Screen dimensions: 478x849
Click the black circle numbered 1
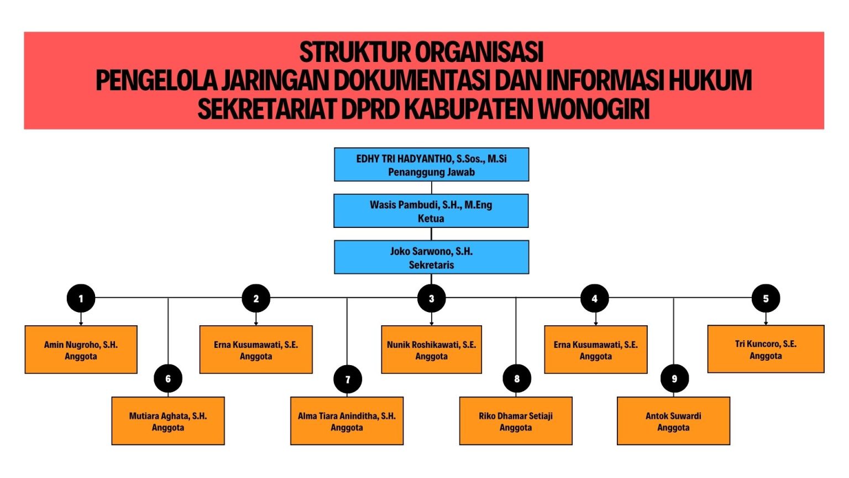[x=81, y=299]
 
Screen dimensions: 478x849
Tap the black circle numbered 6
[x=168, y=379]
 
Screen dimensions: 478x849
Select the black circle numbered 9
[x=674, y=379]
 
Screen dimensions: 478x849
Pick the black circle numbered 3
[x=432, y=299]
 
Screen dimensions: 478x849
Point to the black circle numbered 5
[x=766, y=299]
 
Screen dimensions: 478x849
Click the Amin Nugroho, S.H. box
[x=81, y=350]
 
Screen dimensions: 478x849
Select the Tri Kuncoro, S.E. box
[x=766, y=349]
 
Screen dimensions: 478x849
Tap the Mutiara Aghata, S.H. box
[x=168, y=421]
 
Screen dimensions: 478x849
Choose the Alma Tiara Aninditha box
[x=347, y=421]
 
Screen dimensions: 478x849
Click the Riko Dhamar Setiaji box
[x=516, y=421]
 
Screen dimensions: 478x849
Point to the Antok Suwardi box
[x=673, y=421]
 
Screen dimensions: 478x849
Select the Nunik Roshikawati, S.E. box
[x=431, y=350]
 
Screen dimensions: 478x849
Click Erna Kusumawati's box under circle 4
[x=595, y=350]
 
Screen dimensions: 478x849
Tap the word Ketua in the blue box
[x=431, y=219]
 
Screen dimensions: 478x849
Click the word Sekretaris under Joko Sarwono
[x=431, y=265]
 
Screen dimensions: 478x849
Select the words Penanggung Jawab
[x=431, y=172]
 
